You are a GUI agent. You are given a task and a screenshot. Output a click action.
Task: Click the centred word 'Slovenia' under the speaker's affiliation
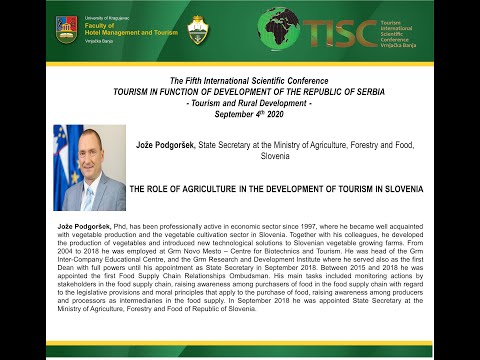click(274, 156)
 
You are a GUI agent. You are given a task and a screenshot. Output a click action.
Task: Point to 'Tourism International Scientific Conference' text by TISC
click(424, 31)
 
